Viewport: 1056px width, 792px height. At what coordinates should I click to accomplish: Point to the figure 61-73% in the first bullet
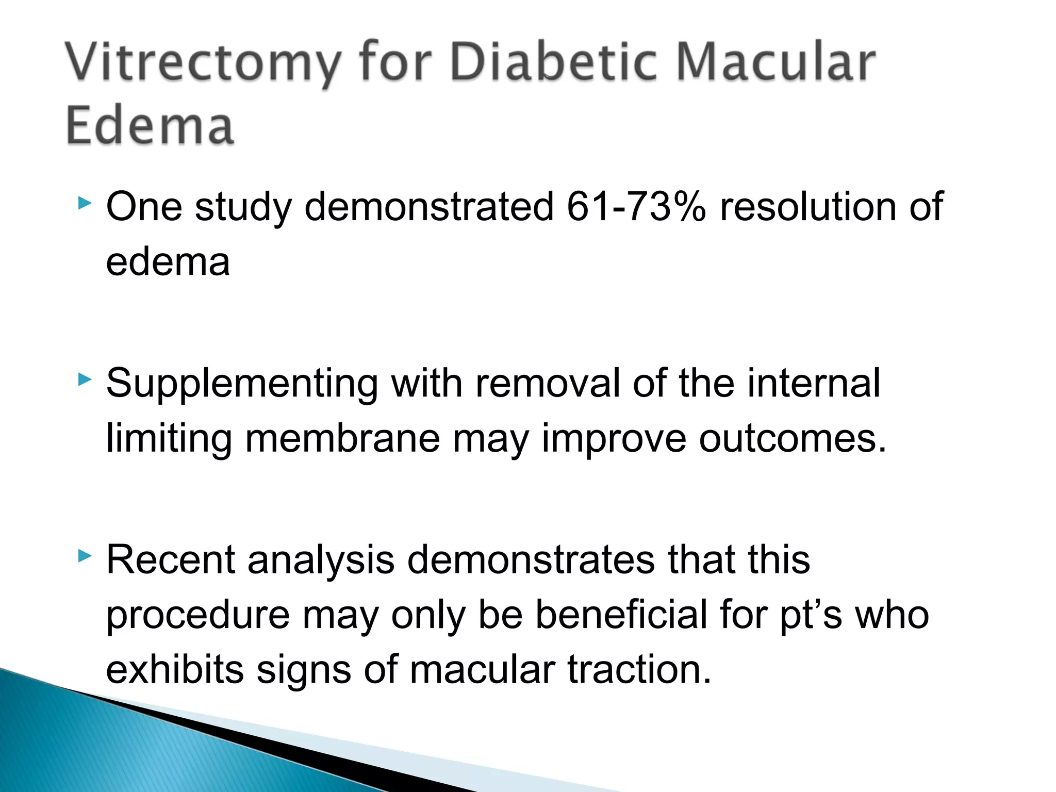point(636,207)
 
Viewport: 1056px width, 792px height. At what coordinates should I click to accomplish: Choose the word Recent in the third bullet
point(170,560)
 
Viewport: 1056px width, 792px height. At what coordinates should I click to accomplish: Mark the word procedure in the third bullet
point(198,617)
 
